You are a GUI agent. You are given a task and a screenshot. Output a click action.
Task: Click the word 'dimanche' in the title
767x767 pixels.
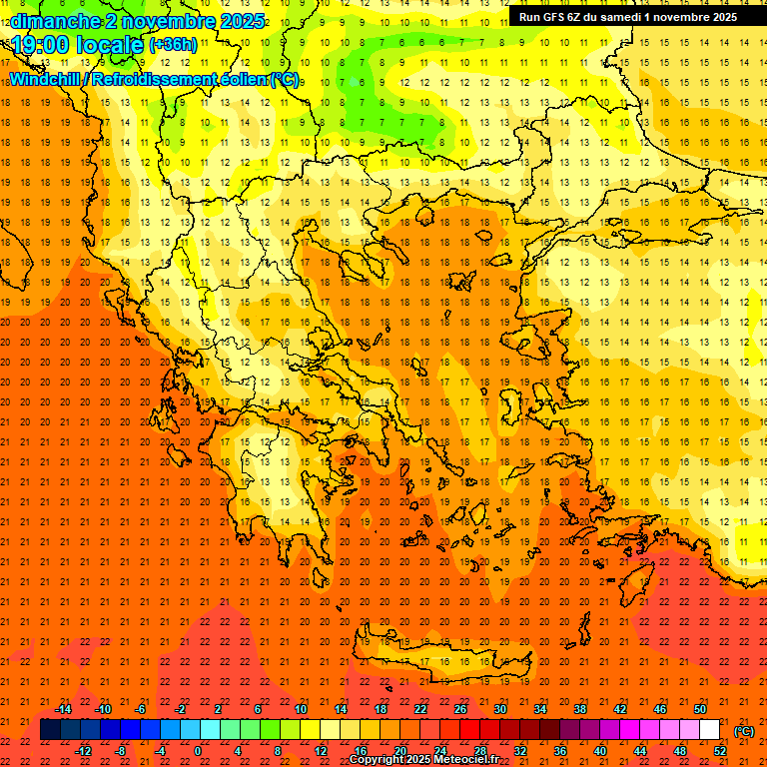click(x=56, y=21)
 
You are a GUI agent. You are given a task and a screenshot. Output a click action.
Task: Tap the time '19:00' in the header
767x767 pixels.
click(x=39, y=44)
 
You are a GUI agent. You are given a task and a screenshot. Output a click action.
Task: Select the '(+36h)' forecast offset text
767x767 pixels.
click(x=173, y=45)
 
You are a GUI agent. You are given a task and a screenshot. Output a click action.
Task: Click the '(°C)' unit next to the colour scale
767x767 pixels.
click(x=744, y=731)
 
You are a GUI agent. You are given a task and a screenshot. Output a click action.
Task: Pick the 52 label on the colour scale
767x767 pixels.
click(x=720, y=751)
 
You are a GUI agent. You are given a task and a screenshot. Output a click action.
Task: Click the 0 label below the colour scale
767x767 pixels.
click(x=198, y=751)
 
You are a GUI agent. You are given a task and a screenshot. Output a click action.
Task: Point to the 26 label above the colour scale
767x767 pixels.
click(x=460, y=709)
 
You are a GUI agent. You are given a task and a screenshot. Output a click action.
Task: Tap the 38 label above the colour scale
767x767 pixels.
click(x=579, y=709)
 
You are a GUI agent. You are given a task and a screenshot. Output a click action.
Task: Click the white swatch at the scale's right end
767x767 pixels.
click(x=710, y=730)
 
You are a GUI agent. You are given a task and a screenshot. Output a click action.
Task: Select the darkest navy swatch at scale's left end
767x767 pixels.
click(x=50, y=730)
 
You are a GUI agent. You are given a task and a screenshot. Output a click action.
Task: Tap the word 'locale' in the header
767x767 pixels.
click(x=111, y=44)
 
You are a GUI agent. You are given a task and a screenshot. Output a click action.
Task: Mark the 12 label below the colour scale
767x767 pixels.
click(x=322, y=751)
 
